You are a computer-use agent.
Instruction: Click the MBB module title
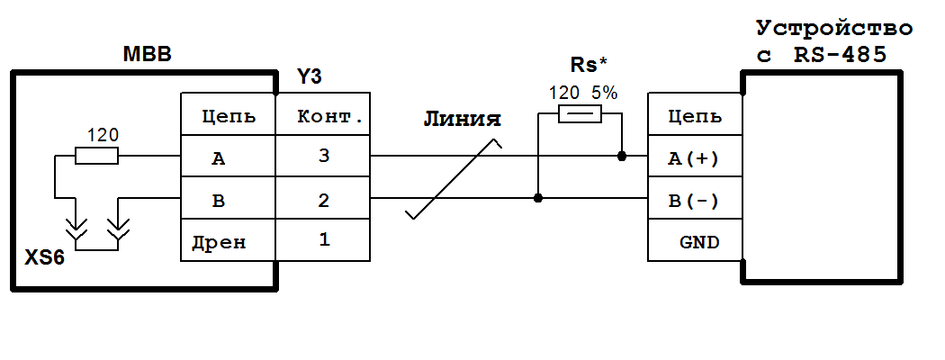147,56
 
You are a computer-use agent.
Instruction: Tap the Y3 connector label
310,79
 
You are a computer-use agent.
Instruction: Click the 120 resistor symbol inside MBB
96,157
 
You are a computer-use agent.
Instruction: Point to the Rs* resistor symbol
580,113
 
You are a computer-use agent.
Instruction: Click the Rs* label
589,65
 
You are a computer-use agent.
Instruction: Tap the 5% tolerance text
604,92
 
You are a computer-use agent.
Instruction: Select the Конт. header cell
322,115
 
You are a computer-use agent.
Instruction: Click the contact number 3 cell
322,157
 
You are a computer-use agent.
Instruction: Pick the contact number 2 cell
322,199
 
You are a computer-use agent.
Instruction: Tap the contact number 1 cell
322,240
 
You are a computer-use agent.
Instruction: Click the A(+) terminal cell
694,158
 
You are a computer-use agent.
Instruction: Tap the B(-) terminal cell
694,200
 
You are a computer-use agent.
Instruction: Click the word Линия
461,120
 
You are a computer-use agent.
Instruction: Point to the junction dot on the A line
622,156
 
